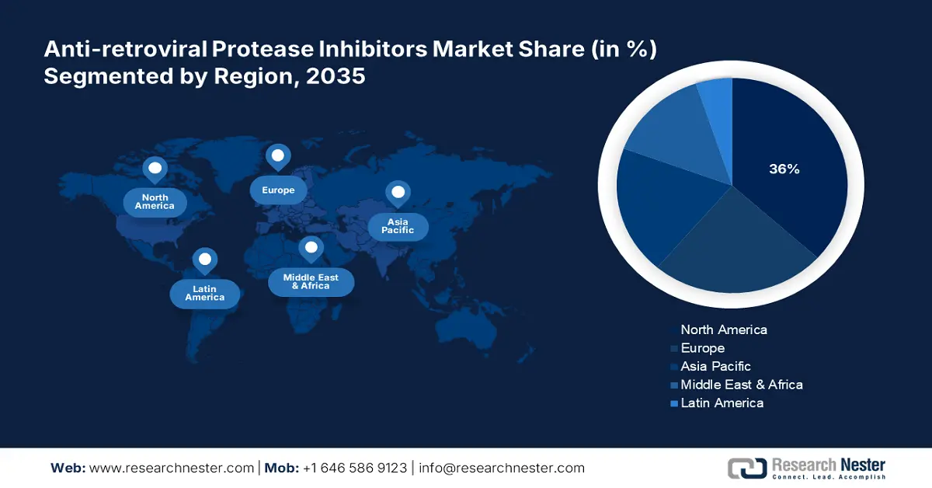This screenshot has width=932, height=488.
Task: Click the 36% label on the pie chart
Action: pos(784,169)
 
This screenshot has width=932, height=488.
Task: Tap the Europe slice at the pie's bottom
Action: pos(737,250)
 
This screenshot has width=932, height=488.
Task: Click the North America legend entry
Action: pos(719,329)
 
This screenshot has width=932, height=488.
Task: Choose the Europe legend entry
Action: pos(697,348)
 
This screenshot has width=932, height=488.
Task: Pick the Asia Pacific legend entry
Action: pos(711,367)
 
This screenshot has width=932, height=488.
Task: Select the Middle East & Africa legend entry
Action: pos(737,385)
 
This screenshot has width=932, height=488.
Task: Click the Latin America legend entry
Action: pos(718,403)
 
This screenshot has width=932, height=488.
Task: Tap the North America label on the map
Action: pos(155,202)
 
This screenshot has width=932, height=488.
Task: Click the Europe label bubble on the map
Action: pos(278,190)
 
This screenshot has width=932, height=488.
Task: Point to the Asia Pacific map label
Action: pos(398,226)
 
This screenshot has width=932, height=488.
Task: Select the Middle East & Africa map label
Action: pos(311,282)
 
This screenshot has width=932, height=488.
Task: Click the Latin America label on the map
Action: pos(205,294)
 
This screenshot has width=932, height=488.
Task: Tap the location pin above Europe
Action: pos(278,157)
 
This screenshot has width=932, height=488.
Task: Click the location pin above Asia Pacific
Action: pos(398,193)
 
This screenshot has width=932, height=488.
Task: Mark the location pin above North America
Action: pos(155,169)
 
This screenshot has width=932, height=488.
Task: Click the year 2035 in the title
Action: pos(336,76)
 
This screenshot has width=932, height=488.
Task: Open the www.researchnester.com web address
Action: pos(172,468)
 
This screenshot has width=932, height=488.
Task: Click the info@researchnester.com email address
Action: pos(502,468)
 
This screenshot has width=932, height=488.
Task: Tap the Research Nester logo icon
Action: pos(747,468)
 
